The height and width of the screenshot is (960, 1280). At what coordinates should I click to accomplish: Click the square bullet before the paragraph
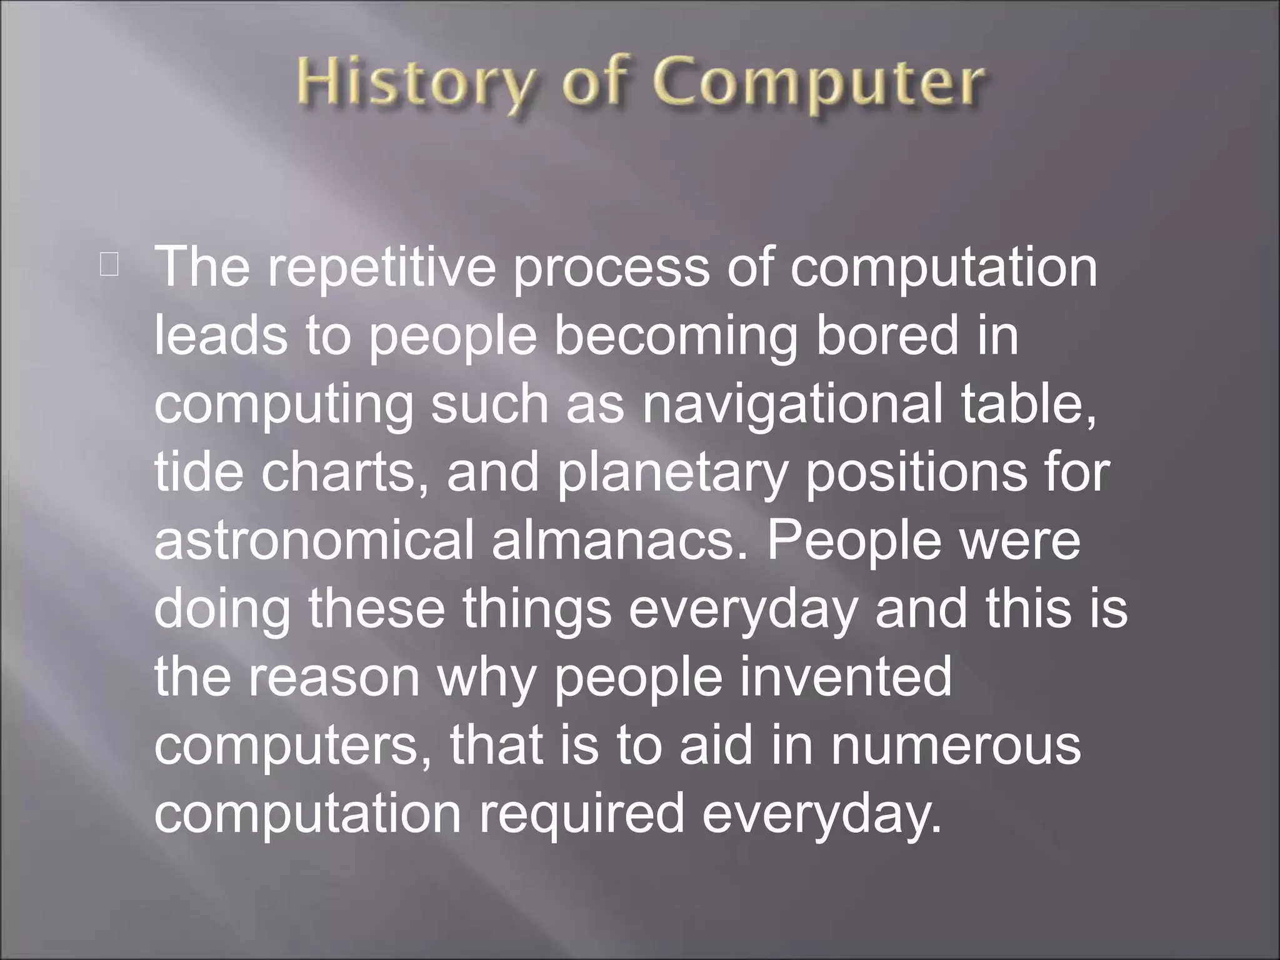click(108, 265)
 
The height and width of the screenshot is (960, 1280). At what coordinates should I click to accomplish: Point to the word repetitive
click(382, 267)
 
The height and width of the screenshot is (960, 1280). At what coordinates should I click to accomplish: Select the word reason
click(334, 677)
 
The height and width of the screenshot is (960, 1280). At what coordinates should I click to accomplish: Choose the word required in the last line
click(582, 814)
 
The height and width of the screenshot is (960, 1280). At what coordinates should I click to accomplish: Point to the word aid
click(716, 744)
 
